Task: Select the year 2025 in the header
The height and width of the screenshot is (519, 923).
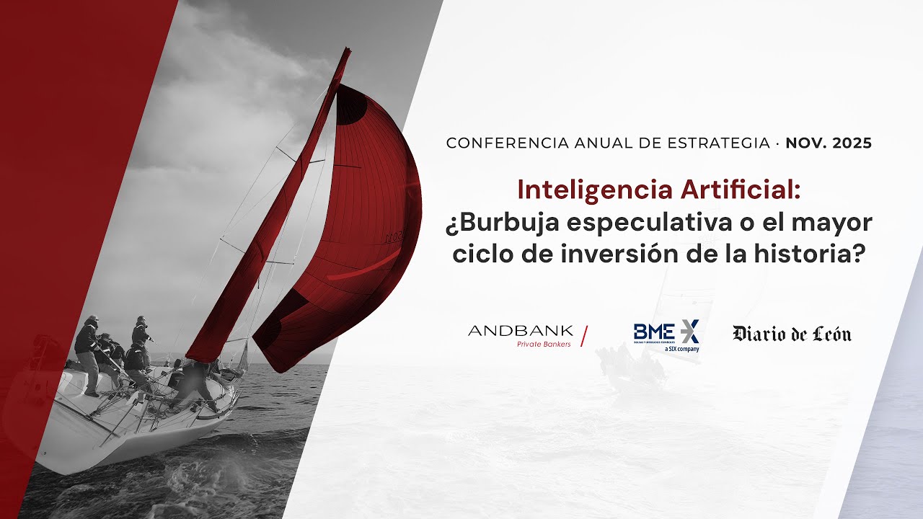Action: (x=852, y=143)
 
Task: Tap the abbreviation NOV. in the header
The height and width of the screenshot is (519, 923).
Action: (x=806, y=143)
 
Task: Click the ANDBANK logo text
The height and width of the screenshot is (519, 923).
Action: (x=520, y=331)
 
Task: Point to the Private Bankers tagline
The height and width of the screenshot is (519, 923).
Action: (x=544, y=344)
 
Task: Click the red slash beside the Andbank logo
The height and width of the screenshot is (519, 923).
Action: (x=584, y=336)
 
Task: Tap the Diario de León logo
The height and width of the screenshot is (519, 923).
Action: (x=792, y=334)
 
